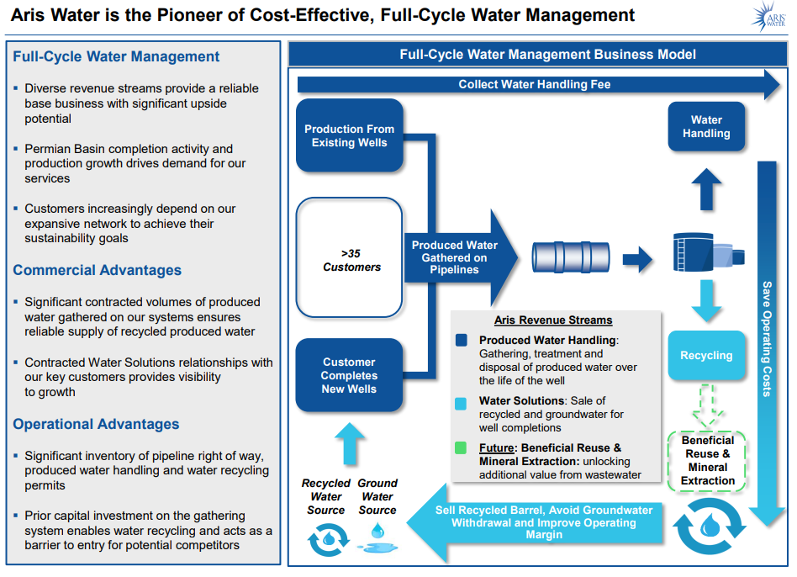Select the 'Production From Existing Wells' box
point(350,135)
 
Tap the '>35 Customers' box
point(350,259)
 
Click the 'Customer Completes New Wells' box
point(350,375)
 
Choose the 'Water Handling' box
point(706,127)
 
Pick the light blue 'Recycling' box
point(706,355)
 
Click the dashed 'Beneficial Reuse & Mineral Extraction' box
point(708,460)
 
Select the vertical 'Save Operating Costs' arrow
point(767,336)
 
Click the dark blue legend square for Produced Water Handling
point(461,341)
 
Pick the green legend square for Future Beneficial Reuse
point(461,448)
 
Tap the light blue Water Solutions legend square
point(461,402)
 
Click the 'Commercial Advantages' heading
point(97,271)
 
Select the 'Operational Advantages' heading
point(96,425)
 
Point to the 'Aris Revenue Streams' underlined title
point(553,320)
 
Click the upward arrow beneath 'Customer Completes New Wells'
point(350,442)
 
